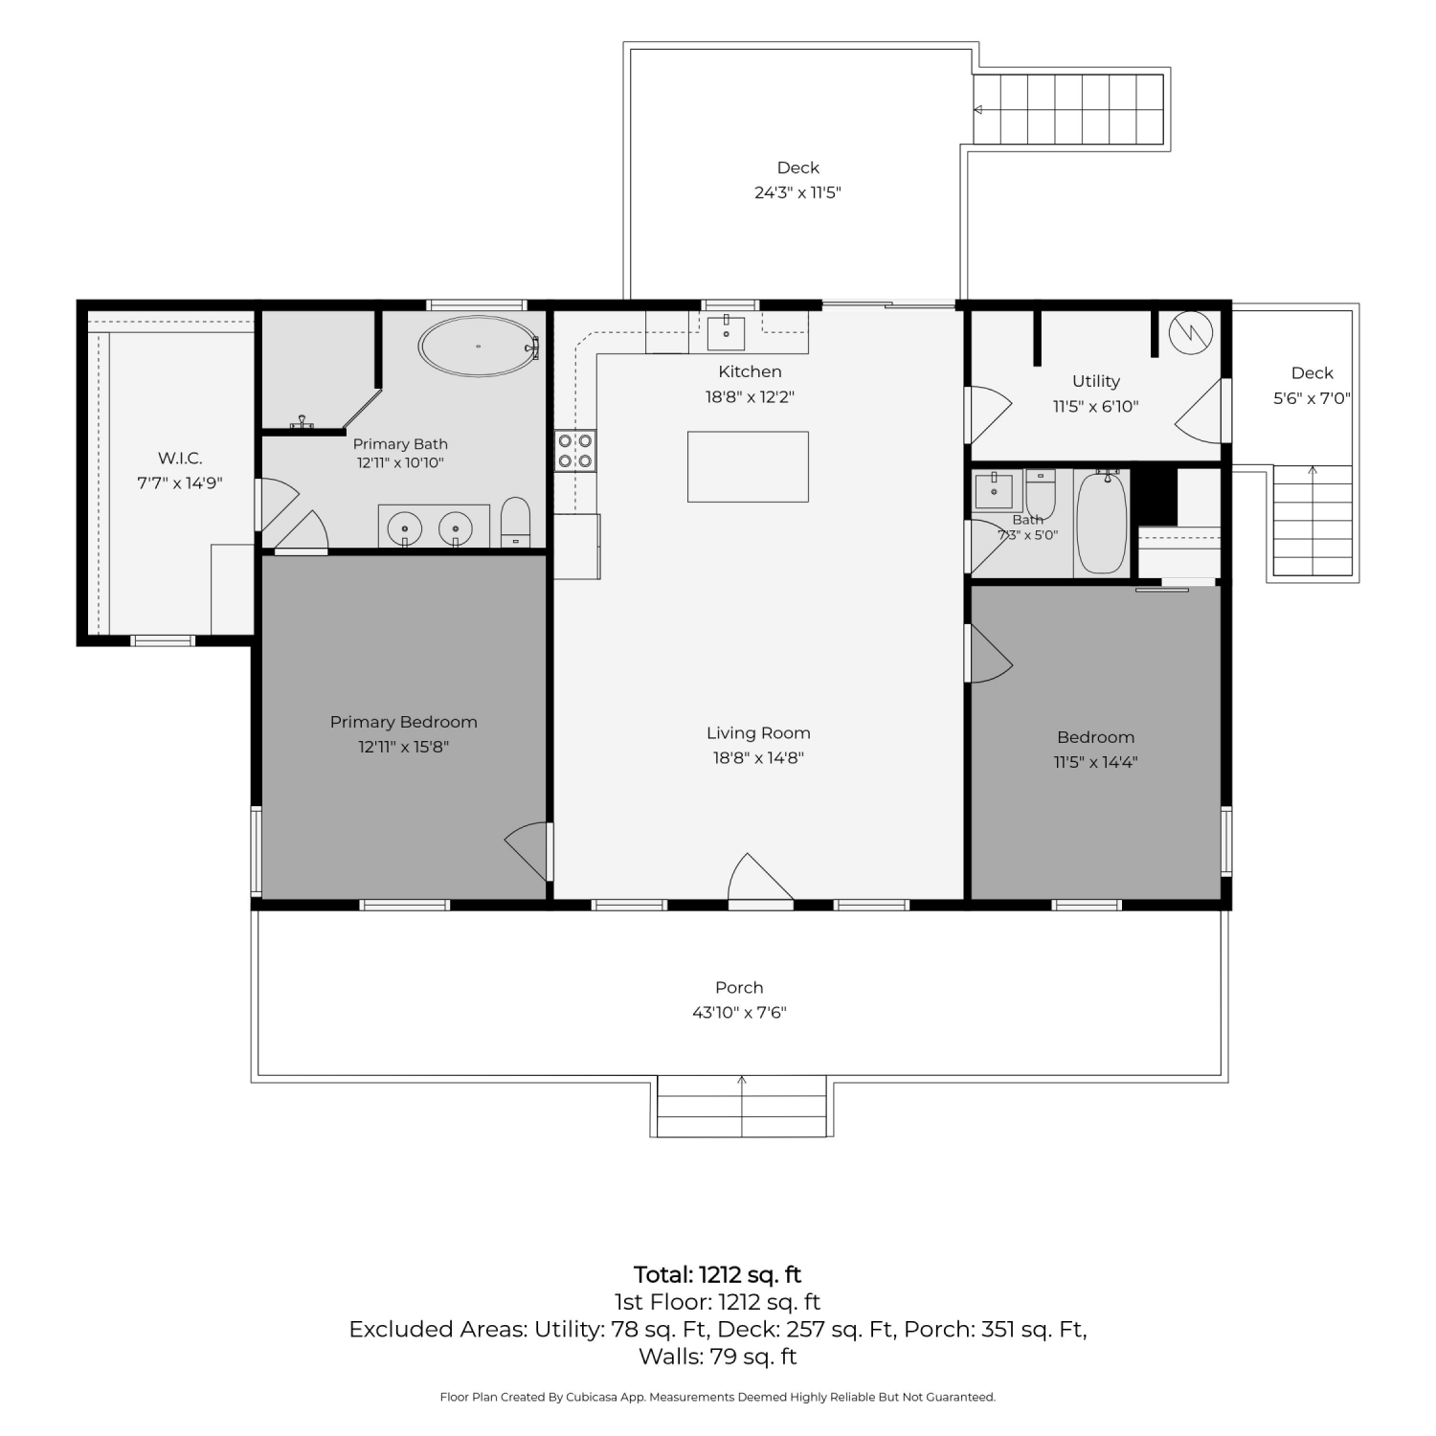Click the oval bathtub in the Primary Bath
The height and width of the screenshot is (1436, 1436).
pos(476,346)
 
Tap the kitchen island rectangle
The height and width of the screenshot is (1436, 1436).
pos(748,466)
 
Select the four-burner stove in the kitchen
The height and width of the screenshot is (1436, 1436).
pos(575,451)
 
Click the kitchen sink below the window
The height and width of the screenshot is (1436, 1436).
pos(727,332)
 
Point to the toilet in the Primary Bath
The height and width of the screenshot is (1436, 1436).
pos(515,522)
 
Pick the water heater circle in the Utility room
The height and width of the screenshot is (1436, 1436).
pos(1191,333)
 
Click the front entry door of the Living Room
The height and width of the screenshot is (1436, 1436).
pos(761,879)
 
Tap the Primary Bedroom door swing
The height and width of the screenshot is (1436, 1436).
pos(529,850)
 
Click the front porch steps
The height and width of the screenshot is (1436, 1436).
pos(742,1106)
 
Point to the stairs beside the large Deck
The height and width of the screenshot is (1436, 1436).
pos(1068,109)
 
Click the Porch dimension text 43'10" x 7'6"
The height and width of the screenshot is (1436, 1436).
pos(739,1012)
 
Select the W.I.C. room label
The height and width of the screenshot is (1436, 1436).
pos(180,459)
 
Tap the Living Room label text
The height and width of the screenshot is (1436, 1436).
pos(758,733)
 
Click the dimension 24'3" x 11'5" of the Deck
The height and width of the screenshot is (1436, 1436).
pos(797,192)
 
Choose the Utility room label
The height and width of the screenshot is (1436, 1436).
pos(1096,381)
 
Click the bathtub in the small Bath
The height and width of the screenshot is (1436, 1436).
pos(1102,522)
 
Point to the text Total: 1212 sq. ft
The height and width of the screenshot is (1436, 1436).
pos(718,1274)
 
